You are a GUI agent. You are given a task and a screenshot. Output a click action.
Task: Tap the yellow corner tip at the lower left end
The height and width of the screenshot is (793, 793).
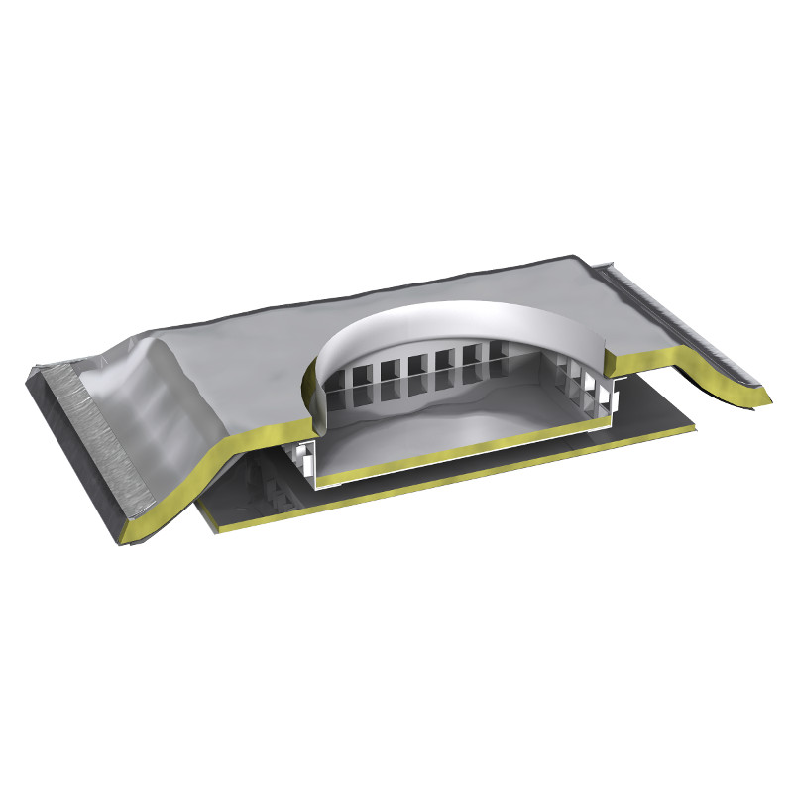click(x=129, y=535)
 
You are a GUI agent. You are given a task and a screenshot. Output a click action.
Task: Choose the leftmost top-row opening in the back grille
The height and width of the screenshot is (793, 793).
click(x=336, y=374)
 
